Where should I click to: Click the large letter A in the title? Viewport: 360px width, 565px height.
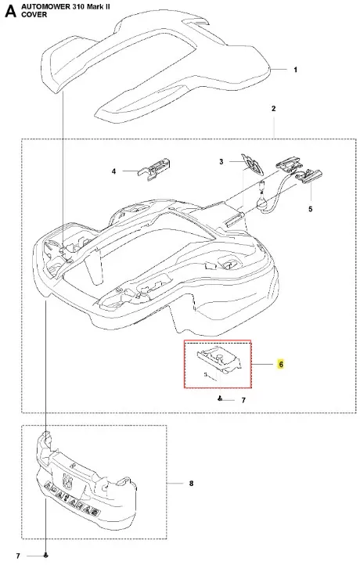(x=11, y=12)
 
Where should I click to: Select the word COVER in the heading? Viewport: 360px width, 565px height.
(x=34, y=15)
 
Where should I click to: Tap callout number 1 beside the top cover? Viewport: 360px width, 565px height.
(x=296, y=70)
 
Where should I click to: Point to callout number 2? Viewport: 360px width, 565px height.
(x=273, y=109)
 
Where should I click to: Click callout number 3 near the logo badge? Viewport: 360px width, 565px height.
(x=221, y=162)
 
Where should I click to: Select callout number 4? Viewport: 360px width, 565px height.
(x=114, y=171)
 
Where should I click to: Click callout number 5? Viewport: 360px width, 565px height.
(x=311, y=209)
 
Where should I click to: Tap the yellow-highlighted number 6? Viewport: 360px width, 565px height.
(x=281, y=365)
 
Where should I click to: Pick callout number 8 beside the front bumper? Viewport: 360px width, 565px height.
(x=191, y=483)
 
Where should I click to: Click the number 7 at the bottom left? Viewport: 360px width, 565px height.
(x=18, y=556)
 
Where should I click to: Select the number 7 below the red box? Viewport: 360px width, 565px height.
(x=243, y=401)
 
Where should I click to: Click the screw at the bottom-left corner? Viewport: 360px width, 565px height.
(x=45, y=556)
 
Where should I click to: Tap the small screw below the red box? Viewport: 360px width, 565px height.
(x=219, y=398)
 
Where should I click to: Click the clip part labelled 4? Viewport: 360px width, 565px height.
(x=154, y=168)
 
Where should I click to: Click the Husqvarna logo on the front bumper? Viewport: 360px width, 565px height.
(x=67, y=480)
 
